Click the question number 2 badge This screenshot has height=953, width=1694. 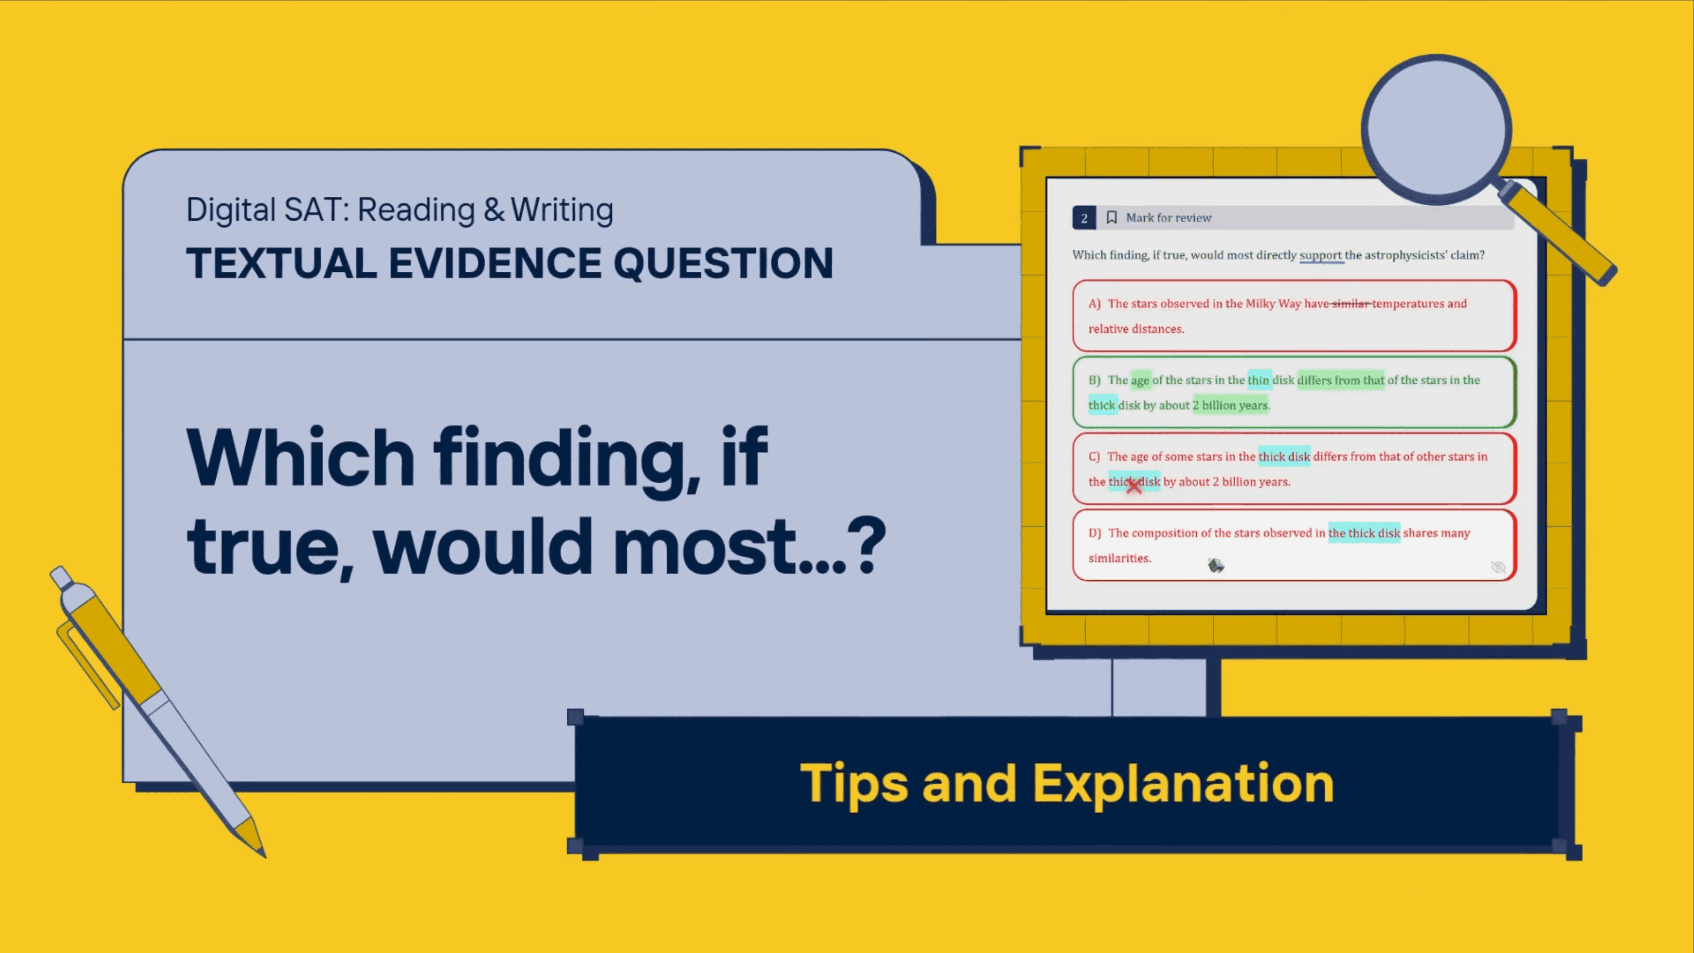coord(1084,218)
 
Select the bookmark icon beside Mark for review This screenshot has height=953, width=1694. coord(1111,217)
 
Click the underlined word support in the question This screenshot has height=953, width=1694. coord(1320,255)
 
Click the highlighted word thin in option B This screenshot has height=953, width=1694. coord(1259,380)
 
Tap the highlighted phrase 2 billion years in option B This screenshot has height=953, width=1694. coord(1230,405)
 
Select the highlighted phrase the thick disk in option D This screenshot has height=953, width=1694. coord(1364,533)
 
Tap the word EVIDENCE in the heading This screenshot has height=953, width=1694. coord(495,263)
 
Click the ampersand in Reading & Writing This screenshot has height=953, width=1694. coord(494,210)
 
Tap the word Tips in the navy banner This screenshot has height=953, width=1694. coord(853,783)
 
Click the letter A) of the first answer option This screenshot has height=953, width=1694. coord(1094,303)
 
